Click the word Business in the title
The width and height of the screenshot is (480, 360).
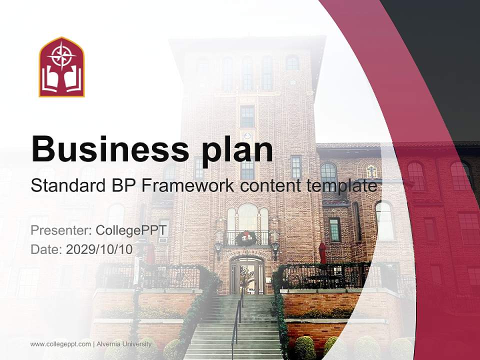click(110, 149)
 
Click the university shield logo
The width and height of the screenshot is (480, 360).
click(61, 67)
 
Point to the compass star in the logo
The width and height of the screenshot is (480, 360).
click(61, 55)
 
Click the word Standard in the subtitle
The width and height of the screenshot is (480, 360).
click(68, 185)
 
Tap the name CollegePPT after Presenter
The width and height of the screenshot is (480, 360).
click(131, 230)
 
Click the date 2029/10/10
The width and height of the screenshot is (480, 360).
click(99, 249)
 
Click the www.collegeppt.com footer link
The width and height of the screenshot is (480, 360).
click(60, 344)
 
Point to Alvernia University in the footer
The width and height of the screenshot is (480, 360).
click(124, 344)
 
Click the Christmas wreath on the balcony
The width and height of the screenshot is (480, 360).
click(245, 239)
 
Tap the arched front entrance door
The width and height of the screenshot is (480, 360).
click(247, 275)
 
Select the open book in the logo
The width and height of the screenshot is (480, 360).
click(61, 79)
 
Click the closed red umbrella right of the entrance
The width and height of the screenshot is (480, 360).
click(322, 253)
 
